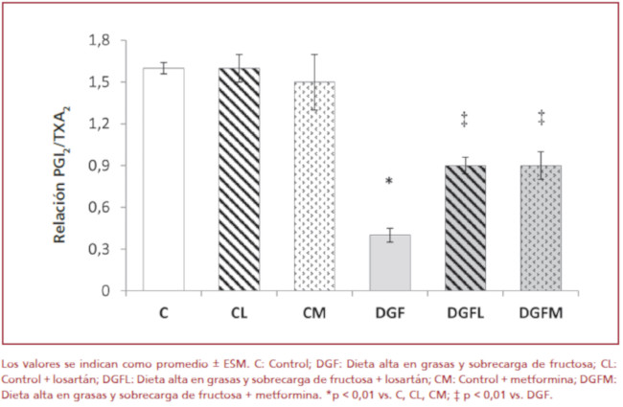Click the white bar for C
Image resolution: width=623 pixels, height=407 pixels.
click(163, 179)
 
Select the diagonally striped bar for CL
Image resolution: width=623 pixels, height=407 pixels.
click(240, 179)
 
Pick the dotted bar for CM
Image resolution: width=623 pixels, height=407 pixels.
click(314, 186)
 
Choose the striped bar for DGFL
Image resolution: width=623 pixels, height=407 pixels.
click(466, 228)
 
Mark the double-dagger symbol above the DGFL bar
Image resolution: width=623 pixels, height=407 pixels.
click(466, 118)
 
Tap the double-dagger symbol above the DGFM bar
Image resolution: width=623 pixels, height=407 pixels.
click(542, 118)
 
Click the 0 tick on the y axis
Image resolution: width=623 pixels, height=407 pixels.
click(104, 290)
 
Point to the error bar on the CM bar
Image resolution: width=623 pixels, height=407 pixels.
click(314, 81)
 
